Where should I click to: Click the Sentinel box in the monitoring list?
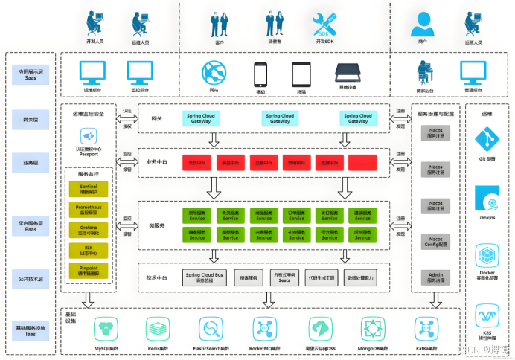click(89, 190)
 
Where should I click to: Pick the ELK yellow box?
click(89, 251)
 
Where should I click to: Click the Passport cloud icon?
click(89, 136)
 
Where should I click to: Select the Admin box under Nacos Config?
click(436, 277)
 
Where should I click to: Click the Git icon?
click(487, 138)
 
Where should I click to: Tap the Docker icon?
click(487, 255)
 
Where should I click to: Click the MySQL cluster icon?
click(107, 328)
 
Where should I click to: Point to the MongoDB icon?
click(373, 328)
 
